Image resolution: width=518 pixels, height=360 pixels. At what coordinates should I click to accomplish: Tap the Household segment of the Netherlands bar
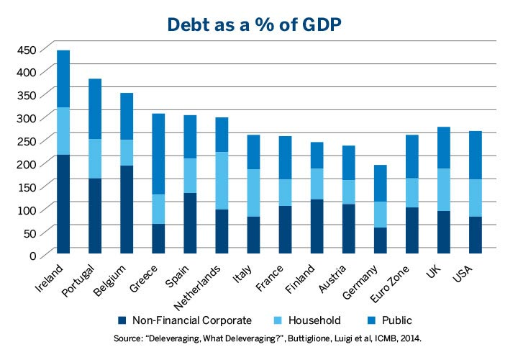pyautogui.click(x=222, y=181)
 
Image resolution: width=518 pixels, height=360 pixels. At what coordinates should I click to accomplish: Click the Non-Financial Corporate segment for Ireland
pyautogui.click(x=63, y=204)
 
